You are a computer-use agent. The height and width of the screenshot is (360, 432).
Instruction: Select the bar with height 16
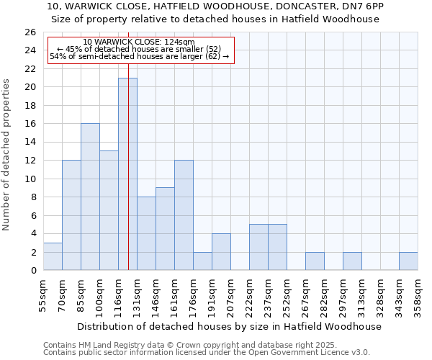point(90,197)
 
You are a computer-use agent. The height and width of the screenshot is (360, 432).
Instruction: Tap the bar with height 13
point(109,210)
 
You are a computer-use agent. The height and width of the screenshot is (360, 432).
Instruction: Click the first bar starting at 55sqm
point(53,256)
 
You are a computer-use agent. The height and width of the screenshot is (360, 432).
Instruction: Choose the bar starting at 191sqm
point(221,251)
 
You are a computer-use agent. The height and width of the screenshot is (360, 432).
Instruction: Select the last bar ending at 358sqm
point(408,261)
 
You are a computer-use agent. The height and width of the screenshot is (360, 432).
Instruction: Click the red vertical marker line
point(128,144)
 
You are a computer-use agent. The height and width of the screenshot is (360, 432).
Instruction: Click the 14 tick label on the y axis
point(30,143)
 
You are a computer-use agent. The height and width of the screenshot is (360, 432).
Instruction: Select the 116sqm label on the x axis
point(118,295)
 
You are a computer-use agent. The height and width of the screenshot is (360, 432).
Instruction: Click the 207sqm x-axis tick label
point(230,295)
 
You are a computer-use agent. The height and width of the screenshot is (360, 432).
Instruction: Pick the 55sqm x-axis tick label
point(43,295)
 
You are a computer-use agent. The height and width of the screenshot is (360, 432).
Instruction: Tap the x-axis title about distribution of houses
point(229,326)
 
